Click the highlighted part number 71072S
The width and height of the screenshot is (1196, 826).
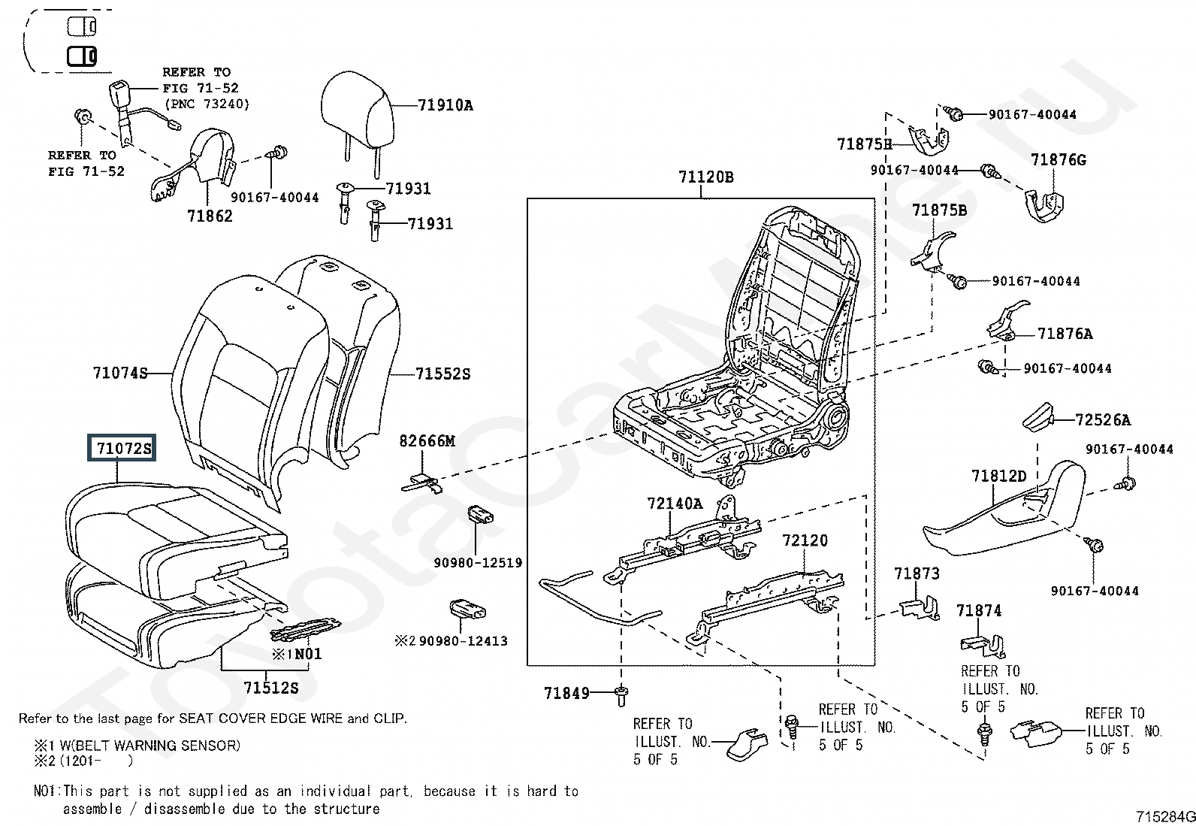123,449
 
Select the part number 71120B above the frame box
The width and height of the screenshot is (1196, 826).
705,177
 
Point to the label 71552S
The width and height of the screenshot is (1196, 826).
442,374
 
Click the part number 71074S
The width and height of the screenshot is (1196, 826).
120,373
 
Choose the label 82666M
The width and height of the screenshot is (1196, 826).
427,441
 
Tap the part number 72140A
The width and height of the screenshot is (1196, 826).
675,504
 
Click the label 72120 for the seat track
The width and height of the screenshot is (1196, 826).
805,540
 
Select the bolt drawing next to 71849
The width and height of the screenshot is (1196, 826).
621,694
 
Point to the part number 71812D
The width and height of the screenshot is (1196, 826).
998,476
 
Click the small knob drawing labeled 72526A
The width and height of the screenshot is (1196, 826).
1039,418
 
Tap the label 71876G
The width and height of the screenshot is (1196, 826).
1058,160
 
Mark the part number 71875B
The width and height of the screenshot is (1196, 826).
939,210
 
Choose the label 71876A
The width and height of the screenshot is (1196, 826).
1065,334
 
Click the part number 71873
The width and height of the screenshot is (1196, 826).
917,574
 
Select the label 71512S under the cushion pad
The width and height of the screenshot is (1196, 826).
270,687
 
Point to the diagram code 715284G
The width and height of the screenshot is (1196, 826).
1164,816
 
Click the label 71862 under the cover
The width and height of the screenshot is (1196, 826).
210,216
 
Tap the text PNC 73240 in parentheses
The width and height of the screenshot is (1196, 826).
206,104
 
